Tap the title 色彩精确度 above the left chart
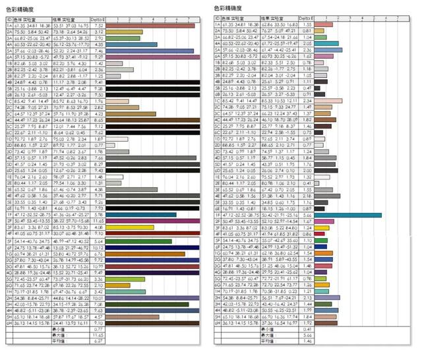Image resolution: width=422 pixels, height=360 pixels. click(20, 9)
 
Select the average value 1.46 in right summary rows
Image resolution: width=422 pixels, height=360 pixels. click(306, 342)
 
